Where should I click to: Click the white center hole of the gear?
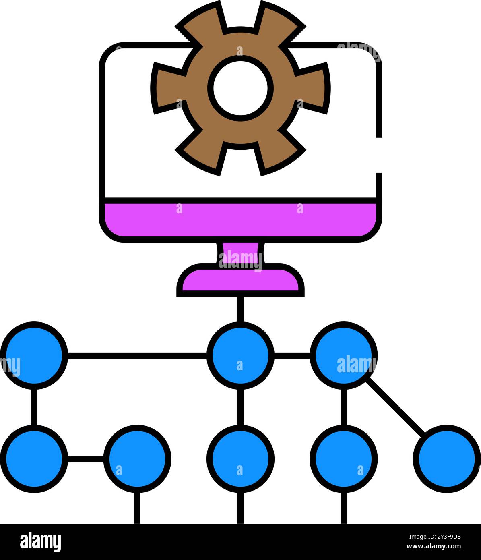[x=240, y=88]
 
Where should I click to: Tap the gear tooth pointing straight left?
[x=168, y=88]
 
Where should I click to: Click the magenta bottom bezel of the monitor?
[x=240, y=220]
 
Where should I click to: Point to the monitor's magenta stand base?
[x=240, y=280]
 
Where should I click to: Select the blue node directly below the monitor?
[x=240, y=355]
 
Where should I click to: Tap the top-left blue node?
[x=34, y=355]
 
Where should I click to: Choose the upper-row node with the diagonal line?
[x=343, y=355]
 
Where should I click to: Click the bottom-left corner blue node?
[x=34, y=459]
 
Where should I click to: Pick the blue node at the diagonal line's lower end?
[x=447, y=459]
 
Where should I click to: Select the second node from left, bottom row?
[x=137, y=459]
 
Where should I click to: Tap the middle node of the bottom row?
[x=240, y=459]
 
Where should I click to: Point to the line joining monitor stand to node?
[x=240, y=309]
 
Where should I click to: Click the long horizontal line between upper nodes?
[x=137, y=355]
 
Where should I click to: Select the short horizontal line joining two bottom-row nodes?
[x=86, y=459]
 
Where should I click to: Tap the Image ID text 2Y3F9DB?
[x=435, y=537]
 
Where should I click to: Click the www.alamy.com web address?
[x=434, y=546]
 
